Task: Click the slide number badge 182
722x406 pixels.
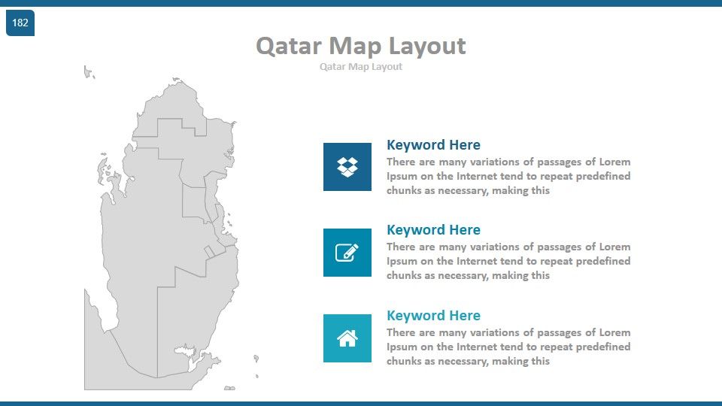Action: (20, 23)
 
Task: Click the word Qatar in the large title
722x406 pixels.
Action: (289, 47)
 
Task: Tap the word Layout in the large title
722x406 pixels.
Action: (427, 47)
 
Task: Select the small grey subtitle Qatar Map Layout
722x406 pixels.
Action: (361, 67)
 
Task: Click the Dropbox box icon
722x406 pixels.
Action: (347, 167)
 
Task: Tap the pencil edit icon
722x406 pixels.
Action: (347, 253)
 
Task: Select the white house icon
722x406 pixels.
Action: (347, 338)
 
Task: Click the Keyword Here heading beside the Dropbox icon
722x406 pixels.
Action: (433, 145)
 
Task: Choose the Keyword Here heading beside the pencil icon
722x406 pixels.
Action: (433, 230)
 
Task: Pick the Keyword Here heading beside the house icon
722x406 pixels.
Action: (433, 315)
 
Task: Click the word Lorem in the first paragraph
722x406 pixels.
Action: (614, 162)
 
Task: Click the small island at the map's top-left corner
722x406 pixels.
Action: (89, 72)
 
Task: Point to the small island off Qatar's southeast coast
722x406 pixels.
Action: (256, 359)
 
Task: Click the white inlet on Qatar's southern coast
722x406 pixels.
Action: (186, 351)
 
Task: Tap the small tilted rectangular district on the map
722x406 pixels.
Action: (210, 252)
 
